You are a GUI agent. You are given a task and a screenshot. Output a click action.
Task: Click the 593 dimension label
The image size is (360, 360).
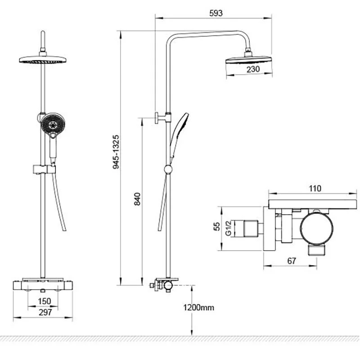(216, 13)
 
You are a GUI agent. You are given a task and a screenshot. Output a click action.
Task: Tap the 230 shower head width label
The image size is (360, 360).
(253, 69)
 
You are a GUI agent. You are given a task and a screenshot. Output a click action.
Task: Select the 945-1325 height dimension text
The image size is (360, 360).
(116, 152)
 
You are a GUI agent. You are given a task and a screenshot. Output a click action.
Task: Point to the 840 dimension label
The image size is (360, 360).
(137, 199)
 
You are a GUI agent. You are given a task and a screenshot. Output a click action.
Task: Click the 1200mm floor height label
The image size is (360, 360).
(198, 307)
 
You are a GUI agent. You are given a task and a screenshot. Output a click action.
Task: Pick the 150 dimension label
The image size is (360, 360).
(44, 301)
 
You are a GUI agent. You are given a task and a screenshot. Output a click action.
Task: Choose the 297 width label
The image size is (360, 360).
(45, 312)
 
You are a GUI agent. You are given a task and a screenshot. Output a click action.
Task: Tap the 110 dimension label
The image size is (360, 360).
(315, 189)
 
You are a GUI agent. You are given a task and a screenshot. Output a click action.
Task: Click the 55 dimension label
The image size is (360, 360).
(217, 226)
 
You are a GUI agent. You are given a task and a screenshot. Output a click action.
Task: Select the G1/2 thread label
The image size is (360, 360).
(228, 228)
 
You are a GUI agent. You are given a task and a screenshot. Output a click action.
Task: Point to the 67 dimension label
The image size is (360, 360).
(292, 261)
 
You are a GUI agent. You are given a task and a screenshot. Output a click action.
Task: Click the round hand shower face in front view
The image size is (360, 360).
(53, 125)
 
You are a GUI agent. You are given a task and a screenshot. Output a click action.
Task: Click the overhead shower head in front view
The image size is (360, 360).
(43, 60)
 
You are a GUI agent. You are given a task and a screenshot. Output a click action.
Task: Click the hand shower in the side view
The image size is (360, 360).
(179, 135)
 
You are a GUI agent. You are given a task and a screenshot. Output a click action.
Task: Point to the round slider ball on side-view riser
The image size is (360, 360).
(168, 170)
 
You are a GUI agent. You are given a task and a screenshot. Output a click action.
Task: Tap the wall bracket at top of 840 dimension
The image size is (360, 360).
(163, 118)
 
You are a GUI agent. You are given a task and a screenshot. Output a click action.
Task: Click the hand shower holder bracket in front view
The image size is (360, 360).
(44, 170)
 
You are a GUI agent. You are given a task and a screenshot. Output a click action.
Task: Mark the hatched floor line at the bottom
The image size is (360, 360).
(180, 339)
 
